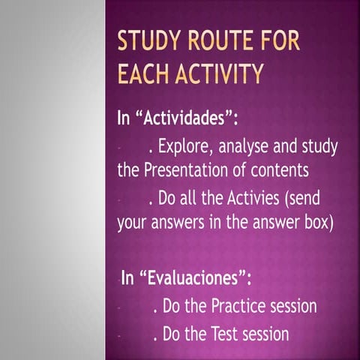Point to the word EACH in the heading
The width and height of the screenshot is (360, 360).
click(144, 74)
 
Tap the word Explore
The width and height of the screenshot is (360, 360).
click(184, 145)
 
